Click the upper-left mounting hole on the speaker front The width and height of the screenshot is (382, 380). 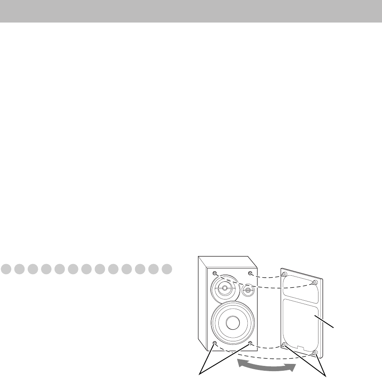215,273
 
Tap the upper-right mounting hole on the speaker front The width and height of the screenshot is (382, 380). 251,274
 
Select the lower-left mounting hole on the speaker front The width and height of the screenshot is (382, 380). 214,343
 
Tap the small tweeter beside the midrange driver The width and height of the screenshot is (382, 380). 248,290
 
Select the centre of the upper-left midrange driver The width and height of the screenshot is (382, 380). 223,288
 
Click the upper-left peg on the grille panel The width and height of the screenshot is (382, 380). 285,275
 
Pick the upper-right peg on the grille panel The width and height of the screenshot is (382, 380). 314,283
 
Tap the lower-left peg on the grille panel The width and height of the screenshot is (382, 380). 284,345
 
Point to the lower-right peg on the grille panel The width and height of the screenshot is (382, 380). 314,353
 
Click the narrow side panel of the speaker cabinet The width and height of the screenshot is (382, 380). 203,302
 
